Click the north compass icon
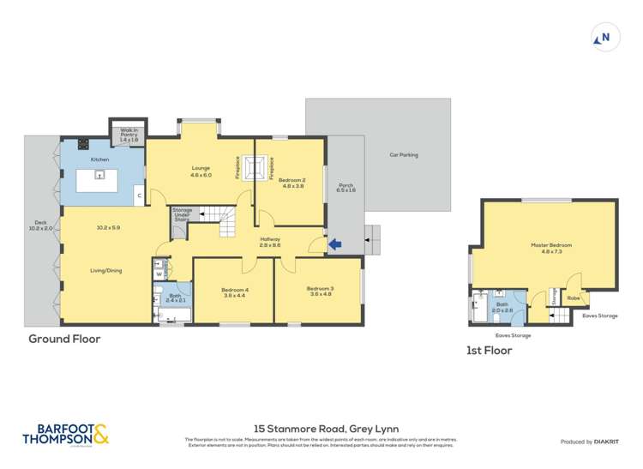(x=604, y=38)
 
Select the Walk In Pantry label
(x=129, y=135)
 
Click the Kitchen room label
(x=100, y=159)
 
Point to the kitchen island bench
(x=99, y=180)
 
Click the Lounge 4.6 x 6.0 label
(x=201, y=171)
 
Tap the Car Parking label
(x=403, y=155)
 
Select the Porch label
(x=346, y=188)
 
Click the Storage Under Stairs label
(x=182, y=214)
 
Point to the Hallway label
(x=270, y=242)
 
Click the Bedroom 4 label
(x=234, y=292)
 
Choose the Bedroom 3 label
(x=320, y=292)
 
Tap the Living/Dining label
(x=106, y=270)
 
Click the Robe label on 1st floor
(x=573, y=298)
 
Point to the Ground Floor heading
(x=64, y=339)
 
